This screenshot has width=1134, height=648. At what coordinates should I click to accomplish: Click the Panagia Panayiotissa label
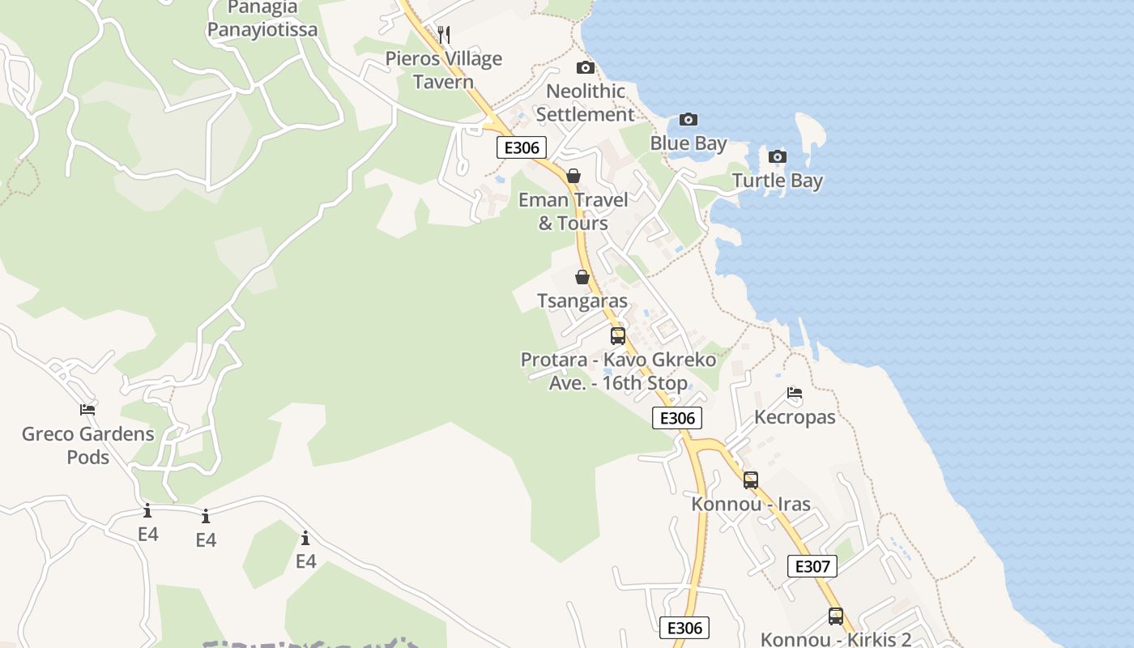tap(262, 19)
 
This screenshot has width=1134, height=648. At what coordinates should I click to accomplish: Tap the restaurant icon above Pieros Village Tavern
tap(443, 34)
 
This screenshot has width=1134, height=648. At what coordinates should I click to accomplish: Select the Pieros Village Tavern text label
tap(443, 70)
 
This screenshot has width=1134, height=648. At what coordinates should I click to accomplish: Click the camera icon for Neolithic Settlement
tap(585, 67)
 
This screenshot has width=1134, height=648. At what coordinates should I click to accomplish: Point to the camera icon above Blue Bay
tap(688, 120)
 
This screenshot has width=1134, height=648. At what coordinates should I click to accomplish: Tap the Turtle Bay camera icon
tap(777, 156)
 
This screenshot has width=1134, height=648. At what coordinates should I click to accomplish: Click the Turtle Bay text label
tap(777, 181)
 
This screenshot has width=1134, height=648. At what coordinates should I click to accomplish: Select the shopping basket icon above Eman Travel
tap(573, 176)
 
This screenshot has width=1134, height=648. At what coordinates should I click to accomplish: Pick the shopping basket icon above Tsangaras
tap(582, 277)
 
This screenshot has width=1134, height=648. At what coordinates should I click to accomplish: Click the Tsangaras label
tap(582, 301)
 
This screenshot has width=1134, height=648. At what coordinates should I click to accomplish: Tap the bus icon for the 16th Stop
tap(617, 335)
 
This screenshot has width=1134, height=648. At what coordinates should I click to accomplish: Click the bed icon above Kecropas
tap(794, 394)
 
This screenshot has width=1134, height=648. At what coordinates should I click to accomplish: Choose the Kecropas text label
tap(794, 417)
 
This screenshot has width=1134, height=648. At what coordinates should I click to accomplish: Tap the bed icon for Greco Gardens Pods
tap(87, 410)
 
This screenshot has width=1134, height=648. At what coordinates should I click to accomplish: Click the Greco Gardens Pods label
tap(87, 445)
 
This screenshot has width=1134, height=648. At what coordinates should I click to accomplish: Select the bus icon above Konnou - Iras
tap(750, 480)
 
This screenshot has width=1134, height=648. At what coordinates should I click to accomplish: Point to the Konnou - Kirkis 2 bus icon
tap(835, 616)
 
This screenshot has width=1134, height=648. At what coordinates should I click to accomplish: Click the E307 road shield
tap(812, 566)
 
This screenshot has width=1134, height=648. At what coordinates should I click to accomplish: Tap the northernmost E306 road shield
tap(522, 147)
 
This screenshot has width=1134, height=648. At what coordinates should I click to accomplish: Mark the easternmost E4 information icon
tap(305, 539)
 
